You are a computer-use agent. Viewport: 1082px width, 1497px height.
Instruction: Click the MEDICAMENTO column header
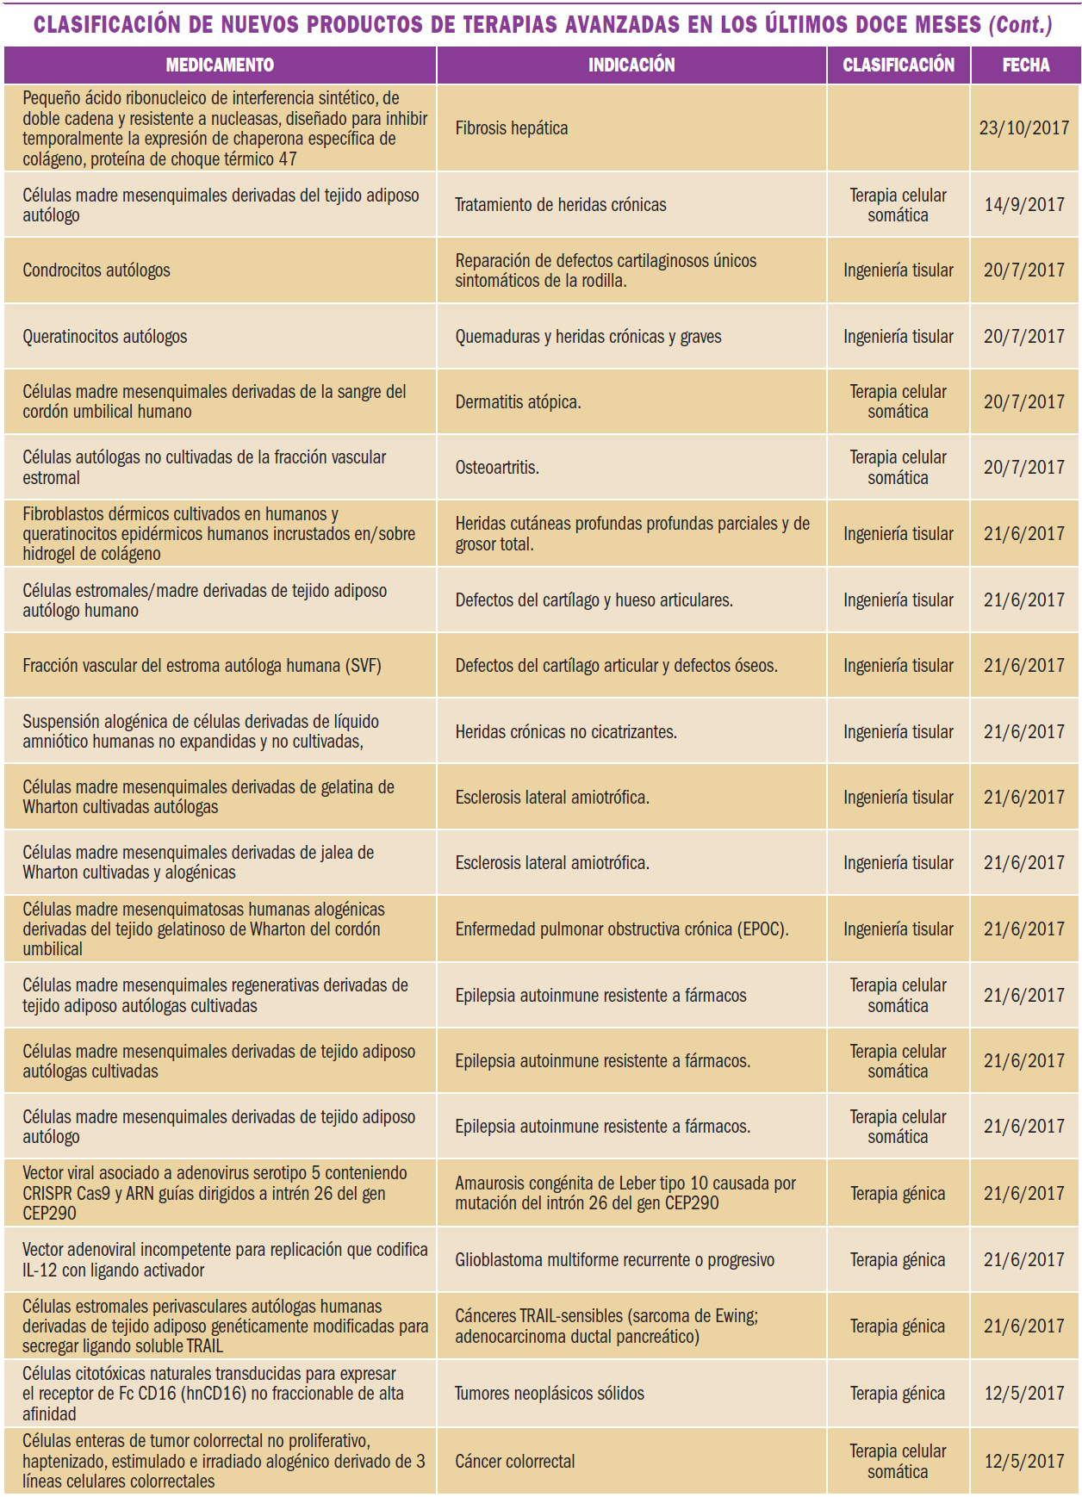(220, 65)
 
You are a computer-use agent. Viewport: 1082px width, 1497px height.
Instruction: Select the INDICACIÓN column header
(631, 65)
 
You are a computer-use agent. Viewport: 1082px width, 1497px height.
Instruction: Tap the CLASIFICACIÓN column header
(899, 65)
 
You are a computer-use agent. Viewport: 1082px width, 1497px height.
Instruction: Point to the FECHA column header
(1025, 65)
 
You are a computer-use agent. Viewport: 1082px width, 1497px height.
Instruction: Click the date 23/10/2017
(1024, 128)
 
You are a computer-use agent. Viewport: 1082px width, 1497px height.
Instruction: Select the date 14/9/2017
(1024, 205)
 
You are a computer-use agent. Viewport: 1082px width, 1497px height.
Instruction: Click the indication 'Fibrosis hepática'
(512, 128)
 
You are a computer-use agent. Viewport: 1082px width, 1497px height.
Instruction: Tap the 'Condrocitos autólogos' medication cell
(96, 270)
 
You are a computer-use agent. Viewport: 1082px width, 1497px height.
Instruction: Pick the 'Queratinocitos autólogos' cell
(105, 337)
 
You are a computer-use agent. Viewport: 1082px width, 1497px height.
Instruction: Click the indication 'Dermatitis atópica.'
(518, 402)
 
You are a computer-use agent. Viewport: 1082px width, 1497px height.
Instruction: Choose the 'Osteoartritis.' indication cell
(497, 468)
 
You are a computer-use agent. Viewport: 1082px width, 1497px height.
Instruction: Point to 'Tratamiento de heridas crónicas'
(561, 205)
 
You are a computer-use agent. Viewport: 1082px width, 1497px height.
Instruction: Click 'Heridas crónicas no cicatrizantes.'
(566, 732)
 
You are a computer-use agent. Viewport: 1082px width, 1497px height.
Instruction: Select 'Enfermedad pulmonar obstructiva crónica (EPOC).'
(622, 929)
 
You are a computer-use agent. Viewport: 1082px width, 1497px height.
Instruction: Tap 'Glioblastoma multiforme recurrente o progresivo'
(614, 1260)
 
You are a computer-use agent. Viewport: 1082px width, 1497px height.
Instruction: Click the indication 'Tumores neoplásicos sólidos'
(550, 1394)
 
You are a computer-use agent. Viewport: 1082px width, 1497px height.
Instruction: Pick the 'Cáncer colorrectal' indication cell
(515, 1462)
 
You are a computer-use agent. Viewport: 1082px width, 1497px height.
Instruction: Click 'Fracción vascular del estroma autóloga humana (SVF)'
(202, 666)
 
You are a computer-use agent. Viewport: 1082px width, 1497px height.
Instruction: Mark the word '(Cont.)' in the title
(1020, 25)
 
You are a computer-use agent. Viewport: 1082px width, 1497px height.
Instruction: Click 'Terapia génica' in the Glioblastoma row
(898, 1260)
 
